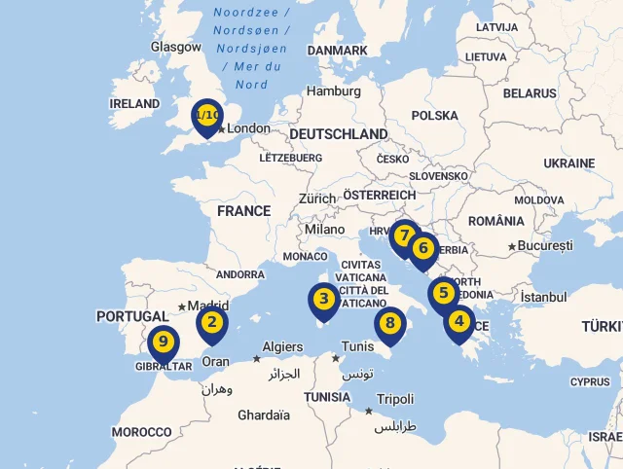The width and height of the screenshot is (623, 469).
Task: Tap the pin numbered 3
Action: tap(323, 300)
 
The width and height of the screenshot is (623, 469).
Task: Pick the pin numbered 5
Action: tap(443, 293)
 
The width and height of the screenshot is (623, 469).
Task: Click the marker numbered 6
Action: tap(422, 248)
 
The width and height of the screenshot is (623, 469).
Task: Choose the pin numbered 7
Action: tap(403, 236)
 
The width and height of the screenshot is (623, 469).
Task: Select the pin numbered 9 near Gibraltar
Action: tap(163, 343)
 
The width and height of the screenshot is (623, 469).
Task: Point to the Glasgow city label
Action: tap(176, 47)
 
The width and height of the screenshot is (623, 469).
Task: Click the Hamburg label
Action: tap(334, 91)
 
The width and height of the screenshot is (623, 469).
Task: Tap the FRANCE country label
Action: tap(243, 211)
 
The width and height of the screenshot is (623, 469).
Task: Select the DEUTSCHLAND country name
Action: tap(338, 134)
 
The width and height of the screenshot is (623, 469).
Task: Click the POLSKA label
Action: tap(434, 116)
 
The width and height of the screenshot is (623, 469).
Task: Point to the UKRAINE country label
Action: tap(569, 163)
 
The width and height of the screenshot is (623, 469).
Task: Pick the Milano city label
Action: tap(324, 230)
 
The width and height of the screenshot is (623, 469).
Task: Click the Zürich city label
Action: tap(317, 198)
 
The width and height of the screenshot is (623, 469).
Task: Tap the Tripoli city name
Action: tap(395, 399)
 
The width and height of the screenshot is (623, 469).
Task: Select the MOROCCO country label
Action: tap(141, 432)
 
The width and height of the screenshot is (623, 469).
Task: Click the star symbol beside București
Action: tap(512, 246)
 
